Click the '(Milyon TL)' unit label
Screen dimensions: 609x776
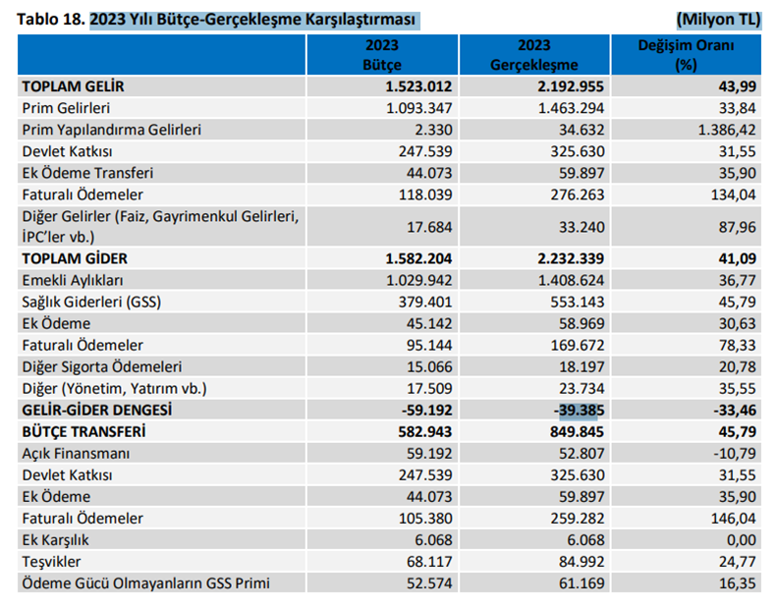[719, 19]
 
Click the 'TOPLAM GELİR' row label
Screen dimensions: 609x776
[74, 86]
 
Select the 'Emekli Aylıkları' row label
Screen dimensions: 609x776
[75, 280]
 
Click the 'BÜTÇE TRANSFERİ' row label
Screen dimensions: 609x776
[85, 431]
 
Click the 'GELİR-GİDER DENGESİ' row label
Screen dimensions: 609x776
[97, 410]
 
